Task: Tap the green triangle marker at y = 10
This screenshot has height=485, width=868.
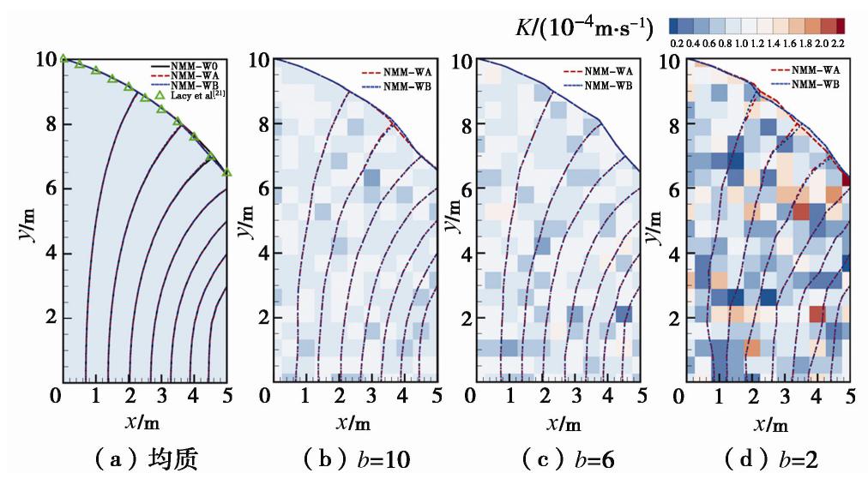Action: pyautogui.click(x=63, y=58)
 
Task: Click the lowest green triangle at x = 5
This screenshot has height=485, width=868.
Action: pyautogui.click(x=226, y=172)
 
